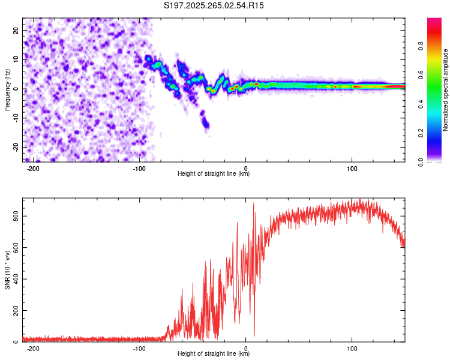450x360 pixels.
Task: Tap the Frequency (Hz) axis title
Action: [8, 89]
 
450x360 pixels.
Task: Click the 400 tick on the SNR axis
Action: [17, 278]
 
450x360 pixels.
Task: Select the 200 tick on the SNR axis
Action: [17, 310]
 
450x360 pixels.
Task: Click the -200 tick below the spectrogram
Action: [34, 169]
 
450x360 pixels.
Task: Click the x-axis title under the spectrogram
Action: [214, 174]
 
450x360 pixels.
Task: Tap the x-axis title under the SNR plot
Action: [214, 354]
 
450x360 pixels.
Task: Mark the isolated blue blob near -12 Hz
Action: [206, 124]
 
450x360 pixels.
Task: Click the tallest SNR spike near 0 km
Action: [253, 203]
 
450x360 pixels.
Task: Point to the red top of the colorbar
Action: [434, 21]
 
